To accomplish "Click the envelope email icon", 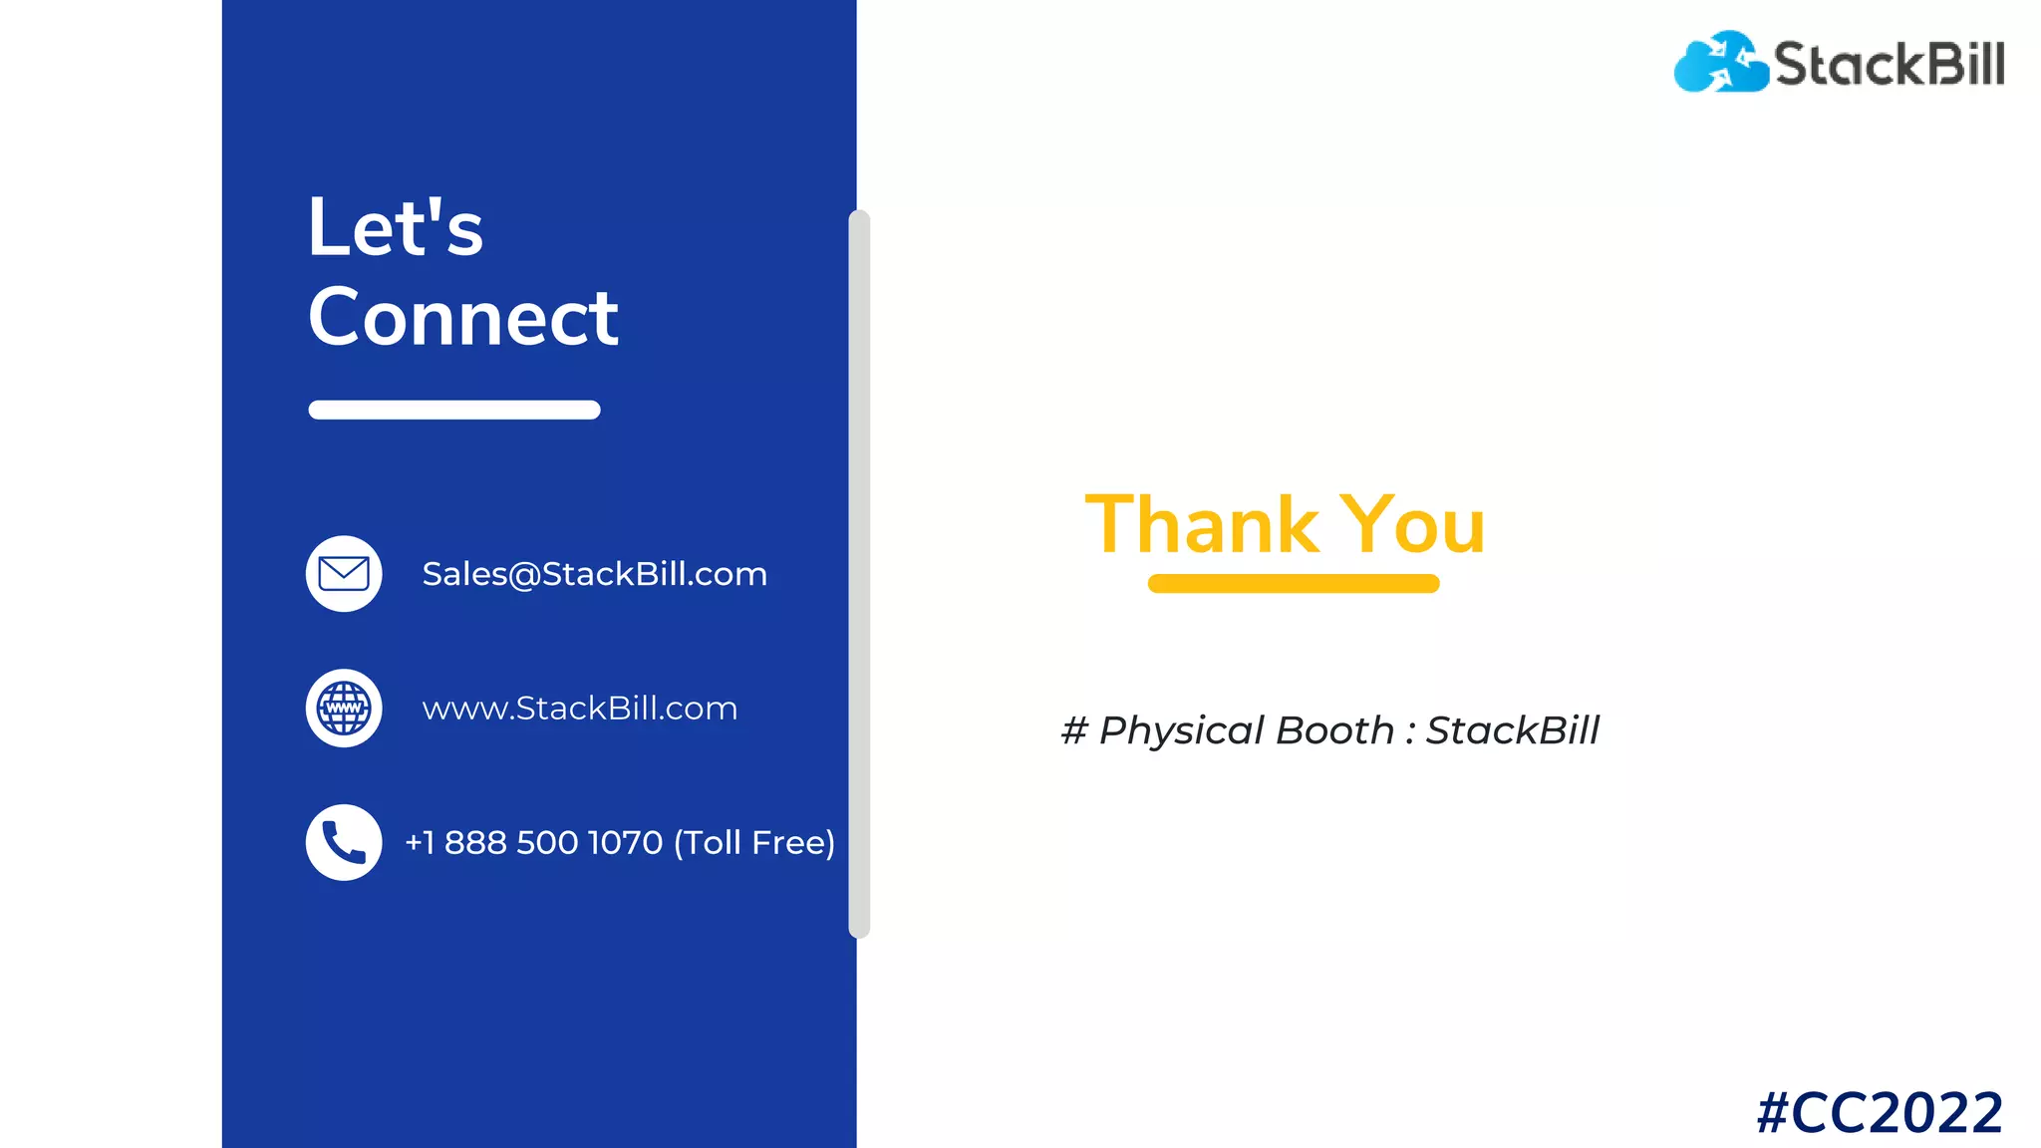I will click(344, 574).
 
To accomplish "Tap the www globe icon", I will click(344, 709).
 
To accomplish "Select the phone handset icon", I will click(344, 842).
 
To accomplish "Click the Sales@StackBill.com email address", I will click(594, 574).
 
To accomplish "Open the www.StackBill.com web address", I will click(579, 709).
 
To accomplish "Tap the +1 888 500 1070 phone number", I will click(534, 843).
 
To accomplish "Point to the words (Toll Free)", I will click(754, 843).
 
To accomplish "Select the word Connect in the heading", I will click(463, 317).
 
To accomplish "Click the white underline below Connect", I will click(454, 410).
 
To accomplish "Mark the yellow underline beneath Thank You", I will click(1294, 584).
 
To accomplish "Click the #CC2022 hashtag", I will click(1880, 1112).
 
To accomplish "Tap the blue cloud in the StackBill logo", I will click(1720, 63).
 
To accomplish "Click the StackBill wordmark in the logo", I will click(1890, 64).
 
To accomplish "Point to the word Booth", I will click(1334, 730).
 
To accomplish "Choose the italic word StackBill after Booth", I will click(1512, 730).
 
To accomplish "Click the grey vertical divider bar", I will click(859, 574).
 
